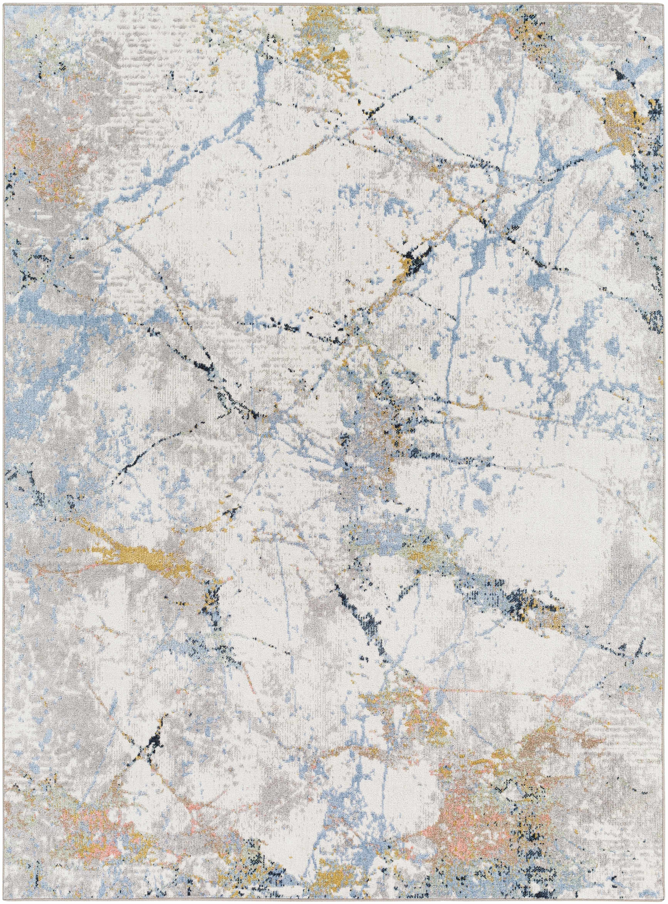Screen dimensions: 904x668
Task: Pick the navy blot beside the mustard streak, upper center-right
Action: pos(417,259)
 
